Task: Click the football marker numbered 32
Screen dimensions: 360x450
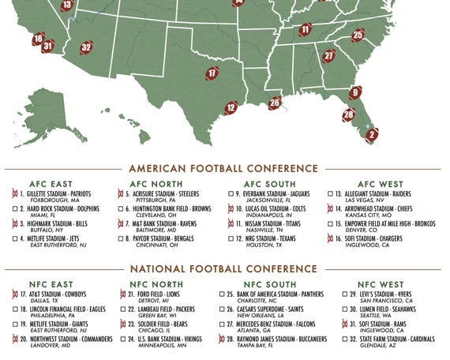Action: click(86, 47)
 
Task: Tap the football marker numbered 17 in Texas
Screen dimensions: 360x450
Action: click(212, 73)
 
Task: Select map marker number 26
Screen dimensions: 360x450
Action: click(275, 103)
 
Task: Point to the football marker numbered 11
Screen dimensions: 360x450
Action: click(306, 30)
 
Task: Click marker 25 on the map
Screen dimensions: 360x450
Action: click(358, 35)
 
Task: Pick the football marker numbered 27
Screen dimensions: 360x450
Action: click(328, 56)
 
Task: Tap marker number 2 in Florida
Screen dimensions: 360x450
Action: click(371, 134)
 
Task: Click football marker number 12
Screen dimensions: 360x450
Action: click(231, 108)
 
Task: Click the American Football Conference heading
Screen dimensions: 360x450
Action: click(223, 168)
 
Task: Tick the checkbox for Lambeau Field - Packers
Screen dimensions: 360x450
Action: click(122, 309)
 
